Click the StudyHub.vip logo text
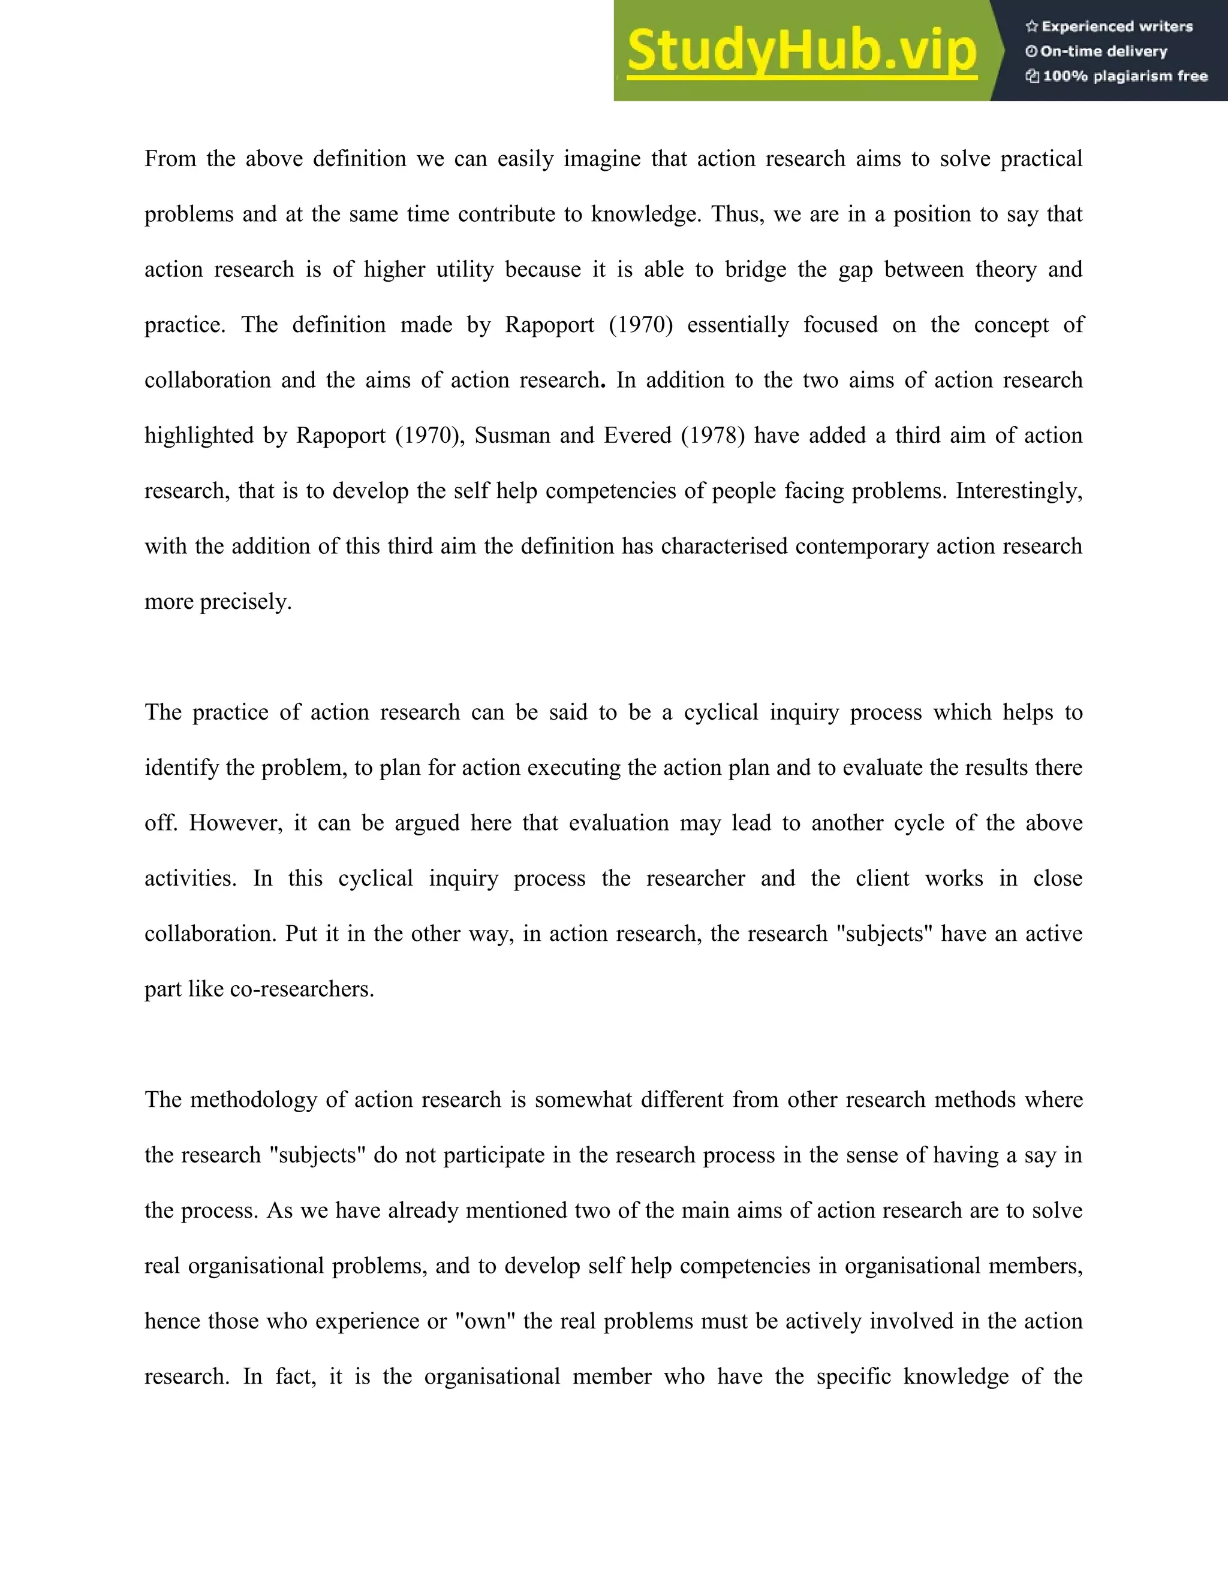(801, 51)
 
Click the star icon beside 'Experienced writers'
(1031, 27)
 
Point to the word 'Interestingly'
(1018, 491)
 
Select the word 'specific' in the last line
(853, 1376)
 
